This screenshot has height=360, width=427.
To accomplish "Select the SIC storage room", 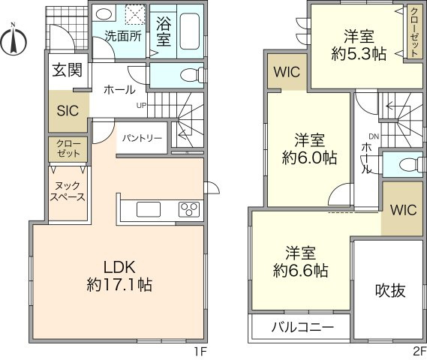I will click(x=68, y=109).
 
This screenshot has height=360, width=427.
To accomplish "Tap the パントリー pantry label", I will click(x=142, y=138).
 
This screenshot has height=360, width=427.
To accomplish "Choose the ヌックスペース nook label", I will click(x=68, y=191).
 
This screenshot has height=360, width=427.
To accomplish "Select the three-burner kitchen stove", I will click(x=188, y=209).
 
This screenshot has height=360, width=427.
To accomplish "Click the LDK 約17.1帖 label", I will click(x=119, y=275).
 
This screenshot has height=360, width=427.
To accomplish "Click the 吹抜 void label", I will click(x=389, y=290).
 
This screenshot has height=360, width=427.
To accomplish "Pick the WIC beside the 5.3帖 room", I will click(x=285, y=73).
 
